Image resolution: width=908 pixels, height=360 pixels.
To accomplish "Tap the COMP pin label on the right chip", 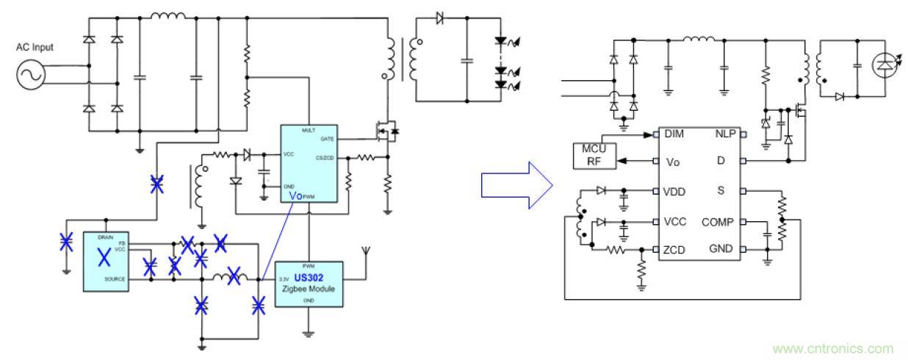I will (x=718, y=221).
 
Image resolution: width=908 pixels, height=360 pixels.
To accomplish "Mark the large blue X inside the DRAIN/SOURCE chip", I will (x=104, y=257).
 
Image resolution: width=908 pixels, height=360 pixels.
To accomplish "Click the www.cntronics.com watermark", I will (x=833, y=348).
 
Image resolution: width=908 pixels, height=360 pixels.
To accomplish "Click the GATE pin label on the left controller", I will (x=328, y=138).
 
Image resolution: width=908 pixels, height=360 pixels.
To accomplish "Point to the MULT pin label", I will (x=309, y=130).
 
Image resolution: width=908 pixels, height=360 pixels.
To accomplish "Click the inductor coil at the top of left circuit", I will (x=167, y=15).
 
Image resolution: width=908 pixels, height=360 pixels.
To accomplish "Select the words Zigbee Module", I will (x=309, y=289).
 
